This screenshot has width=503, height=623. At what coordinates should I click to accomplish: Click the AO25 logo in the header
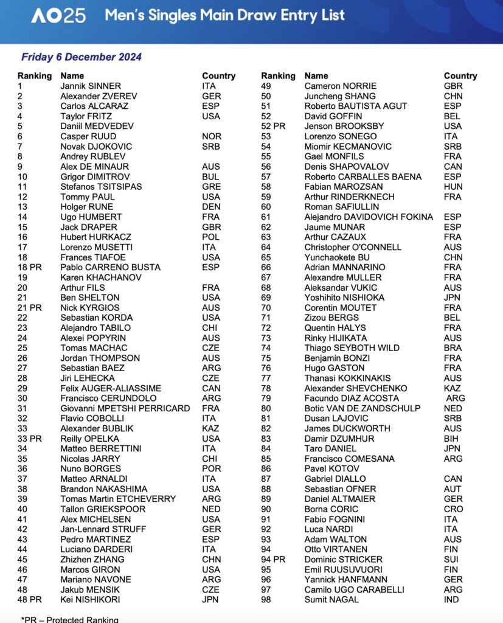coord(58,16)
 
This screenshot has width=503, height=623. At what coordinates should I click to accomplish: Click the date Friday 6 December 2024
coord(82,57)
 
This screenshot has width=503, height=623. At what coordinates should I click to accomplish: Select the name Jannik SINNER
coord(91,86)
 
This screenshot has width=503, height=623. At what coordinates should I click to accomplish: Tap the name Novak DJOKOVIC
coord(96,146)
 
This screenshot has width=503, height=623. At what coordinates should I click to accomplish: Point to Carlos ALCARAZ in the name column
coord(94,106)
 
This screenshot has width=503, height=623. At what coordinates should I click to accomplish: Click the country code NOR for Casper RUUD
coord(212,136)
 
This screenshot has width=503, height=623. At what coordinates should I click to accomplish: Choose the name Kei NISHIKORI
coord(91,599)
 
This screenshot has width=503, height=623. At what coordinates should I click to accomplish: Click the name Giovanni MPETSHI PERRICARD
coord(125,408)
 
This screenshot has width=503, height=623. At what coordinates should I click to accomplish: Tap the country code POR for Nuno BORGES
coord(211,468)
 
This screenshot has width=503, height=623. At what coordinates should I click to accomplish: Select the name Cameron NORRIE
coord(341,86)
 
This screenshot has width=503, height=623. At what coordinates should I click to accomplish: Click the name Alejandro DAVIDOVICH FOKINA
coord(369,217)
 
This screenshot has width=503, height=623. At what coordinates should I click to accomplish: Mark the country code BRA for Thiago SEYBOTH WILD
coord(453,348)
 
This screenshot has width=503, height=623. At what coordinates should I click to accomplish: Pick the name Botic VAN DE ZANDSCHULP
coord(363,408)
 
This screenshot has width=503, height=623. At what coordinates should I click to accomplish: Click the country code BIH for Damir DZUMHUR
coord(452,438)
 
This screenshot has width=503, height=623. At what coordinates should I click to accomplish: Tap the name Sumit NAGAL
coord(331,599)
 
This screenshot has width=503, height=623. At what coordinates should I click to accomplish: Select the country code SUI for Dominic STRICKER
coord(452,559)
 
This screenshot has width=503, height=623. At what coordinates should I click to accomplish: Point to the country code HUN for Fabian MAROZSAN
coord(454,186)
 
